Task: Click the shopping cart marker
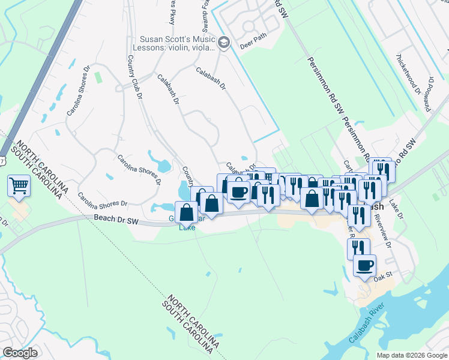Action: [x=19, y=186]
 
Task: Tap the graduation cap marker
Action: [x=224, y=42]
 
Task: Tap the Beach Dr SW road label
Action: [x=116, y=220]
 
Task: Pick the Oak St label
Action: [x=382, y=277]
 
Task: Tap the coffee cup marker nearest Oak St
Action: [x=364, y=265]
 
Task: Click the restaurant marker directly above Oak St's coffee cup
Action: [x=358, y=248]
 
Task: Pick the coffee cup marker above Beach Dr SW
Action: [x=239, y=192]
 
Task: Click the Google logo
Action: [x=20, y=353]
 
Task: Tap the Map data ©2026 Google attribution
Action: [x=411, y=355]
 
